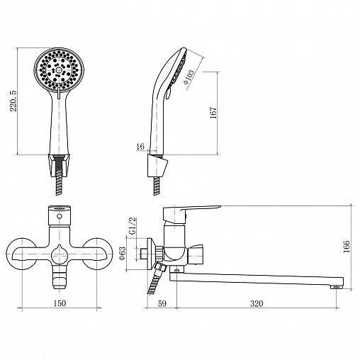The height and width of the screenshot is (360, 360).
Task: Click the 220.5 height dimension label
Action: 13,101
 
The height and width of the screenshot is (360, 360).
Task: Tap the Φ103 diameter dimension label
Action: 189,77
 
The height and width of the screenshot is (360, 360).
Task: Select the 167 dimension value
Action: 213,113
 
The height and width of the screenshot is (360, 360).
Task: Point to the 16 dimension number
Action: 140,147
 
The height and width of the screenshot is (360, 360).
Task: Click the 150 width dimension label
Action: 60,303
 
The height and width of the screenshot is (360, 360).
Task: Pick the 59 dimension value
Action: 162,303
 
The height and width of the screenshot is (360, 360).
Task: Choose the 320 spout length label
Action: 257,303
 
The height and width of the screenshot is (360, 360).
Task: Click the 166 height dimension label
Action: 347,247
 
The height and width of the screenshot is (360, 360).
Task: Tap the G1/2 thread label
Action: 133,225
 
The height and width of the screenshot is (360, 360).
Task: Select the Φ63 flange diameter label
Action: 123,253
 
